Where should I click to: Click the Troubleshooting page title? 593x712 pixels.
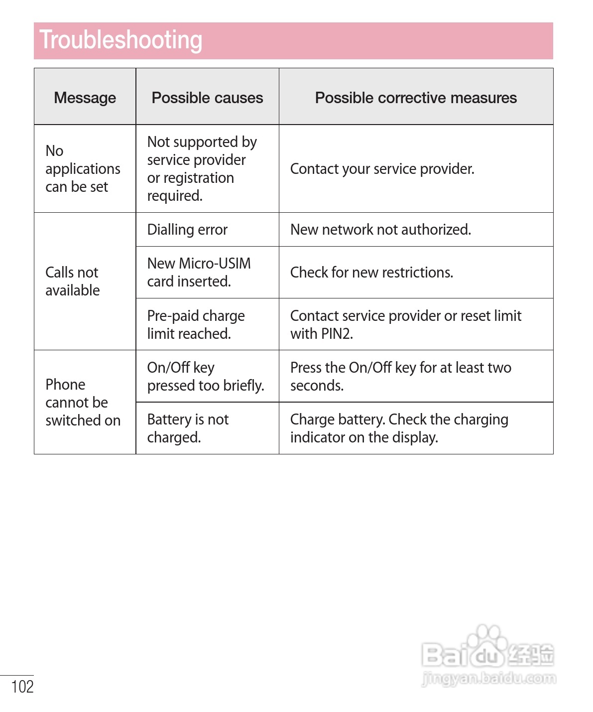tap(121, 40)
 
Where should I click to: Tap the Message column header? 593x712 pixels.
tap(85, 98)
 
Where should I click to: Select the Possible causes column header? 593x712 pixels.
tap(207, 98)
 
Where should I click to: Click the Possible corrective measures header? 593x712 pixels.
tap(416, 98)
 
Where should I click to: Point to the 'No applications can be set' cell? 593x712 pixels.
tap(83, 169)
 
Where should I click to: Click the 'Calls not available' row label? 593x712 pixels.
tap(73, 282)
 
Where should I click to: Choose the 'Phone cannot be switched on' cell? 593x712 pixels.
tap(83, 402)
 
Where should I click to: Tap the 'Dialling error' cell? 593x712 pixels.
tap(187, 230)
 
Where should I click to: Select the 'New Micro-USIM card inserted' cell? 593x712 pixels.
tap(199, 273)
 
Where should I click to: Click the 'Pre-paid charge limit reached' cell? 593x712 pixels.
tap(196, 324)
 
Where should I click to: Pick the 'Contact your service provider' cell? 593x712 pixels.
tap(382, 169)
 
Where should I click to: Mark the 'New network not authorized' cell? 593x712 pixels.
tap(380, 230)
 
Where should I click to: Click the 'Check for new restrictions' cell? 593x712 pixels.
tap(371, 273)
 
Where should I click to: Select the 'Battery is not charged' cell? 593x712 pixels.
tap(188, 428)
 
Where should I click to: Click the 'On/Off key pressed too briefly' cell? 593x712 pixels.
tap(205, 376)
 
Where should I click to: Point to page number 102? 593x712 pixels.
tap(22, 687)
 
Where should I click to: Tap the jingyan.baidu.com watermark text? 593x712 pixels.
tap(488, 678)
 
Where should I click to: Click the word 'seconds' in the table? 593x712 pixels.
tap(316, 386)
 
